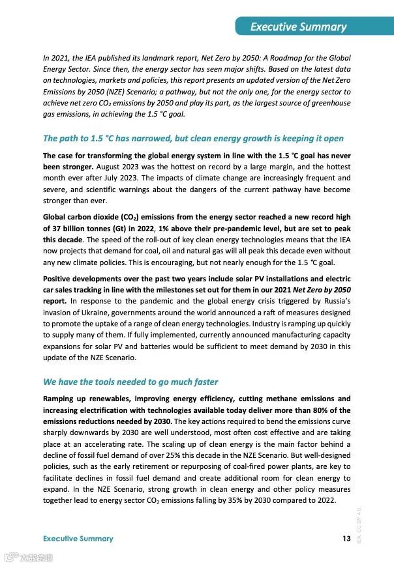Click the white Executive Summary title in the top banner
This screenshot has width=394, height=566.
click(x=298, y=27)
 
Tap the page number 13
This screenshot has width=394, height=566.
click(x=346, y=538)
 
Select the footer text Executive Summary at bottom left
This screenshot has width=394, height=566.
click(x=78, y=539)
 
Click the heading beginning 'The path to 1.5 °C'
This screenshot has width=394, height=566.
click(x=193, y=139)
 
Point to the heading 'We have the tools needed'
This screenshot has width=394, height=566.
click(x=130, y=382)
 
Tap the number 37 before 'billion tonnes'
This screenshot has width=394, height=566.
click(x=54, y=229)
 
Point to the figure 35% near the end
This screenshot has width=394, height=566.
click(x=260, y=500)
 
